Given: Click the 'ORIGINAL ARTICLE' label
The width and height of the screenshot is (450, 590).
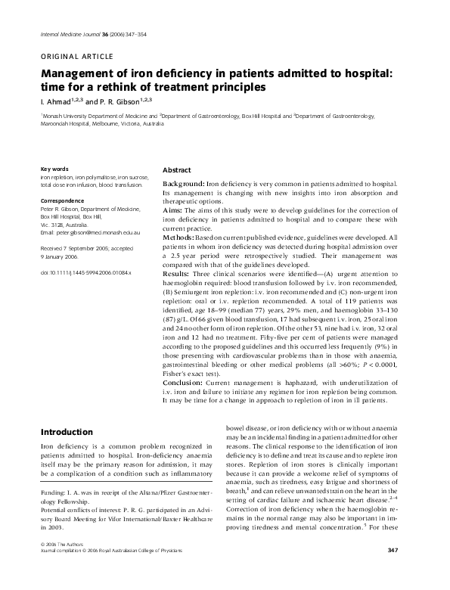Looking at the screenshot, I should tap(76, 56).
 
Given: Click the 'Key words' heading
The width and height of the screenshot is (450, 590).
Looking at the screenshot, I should tap(54, 168).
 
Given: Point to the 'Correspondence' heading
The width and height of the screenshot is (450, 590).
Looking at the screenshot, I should tap(62, 201).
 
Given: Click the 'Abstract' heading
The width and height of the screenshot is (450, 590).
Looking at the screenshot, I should tap(177, 171).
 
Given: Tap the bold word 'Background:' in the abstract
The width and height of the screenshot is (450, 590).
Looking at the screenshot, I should tap(184, 185).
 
